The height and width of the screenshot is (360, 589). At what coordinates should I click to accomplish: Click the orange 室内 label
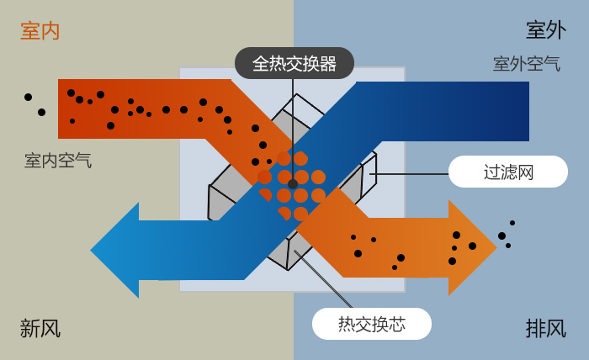[40, 31]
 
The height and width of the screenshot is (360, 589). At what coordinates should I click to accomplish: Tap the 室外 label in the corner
[545, 30]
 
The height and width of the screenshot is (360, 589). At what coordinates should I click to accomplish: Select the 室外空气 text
[527, 64]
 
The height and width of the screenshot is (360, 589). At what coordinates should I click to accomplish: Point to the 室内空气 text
[58, 160]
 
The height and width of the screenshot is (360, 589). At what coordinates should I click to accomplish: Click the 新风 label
[40, 328]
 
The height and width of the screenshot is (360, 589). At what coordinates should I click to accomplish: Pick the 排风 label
[545, 328]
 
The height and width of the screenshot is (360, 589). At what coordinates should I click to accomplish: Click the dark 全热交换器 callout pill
[294, 63]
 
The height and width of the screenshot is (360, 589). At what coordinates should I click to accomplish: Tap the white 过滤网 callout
[508, 172]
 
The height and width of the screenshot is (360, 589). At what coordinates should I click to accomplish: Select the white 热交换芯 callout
[372, 324]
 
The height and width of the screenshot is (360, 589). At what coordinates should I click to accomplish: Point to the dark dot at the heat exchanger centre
[293, 183]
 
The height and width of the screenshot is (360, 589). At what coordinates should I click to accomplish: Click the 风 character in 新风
[50, 328]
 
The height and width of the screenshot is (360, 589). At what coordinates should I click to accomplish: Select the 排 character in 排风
[535, 328]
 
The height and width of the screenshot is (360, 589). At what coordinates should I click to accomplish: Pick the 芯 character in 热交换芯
[397, 324]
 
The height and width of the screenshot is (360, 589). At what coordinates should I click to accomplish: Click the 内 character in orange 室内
[50, 31]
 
